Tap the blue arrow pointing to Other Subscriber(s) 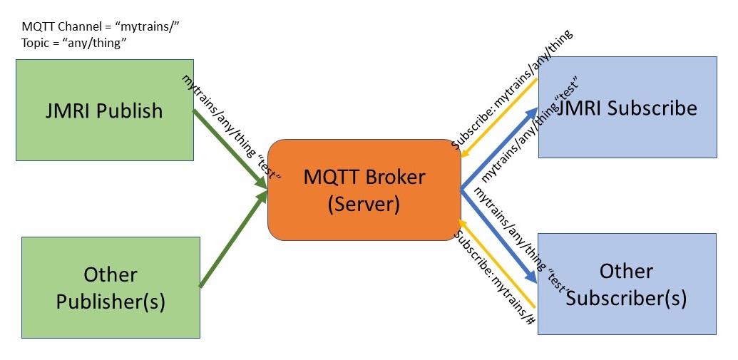pyautogui.click(x=499, y=235)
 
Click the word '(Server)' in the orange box pyautogui.click(x=364, y=204)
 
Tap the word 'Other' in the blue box pyautogui.click(x=626, y=272)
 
